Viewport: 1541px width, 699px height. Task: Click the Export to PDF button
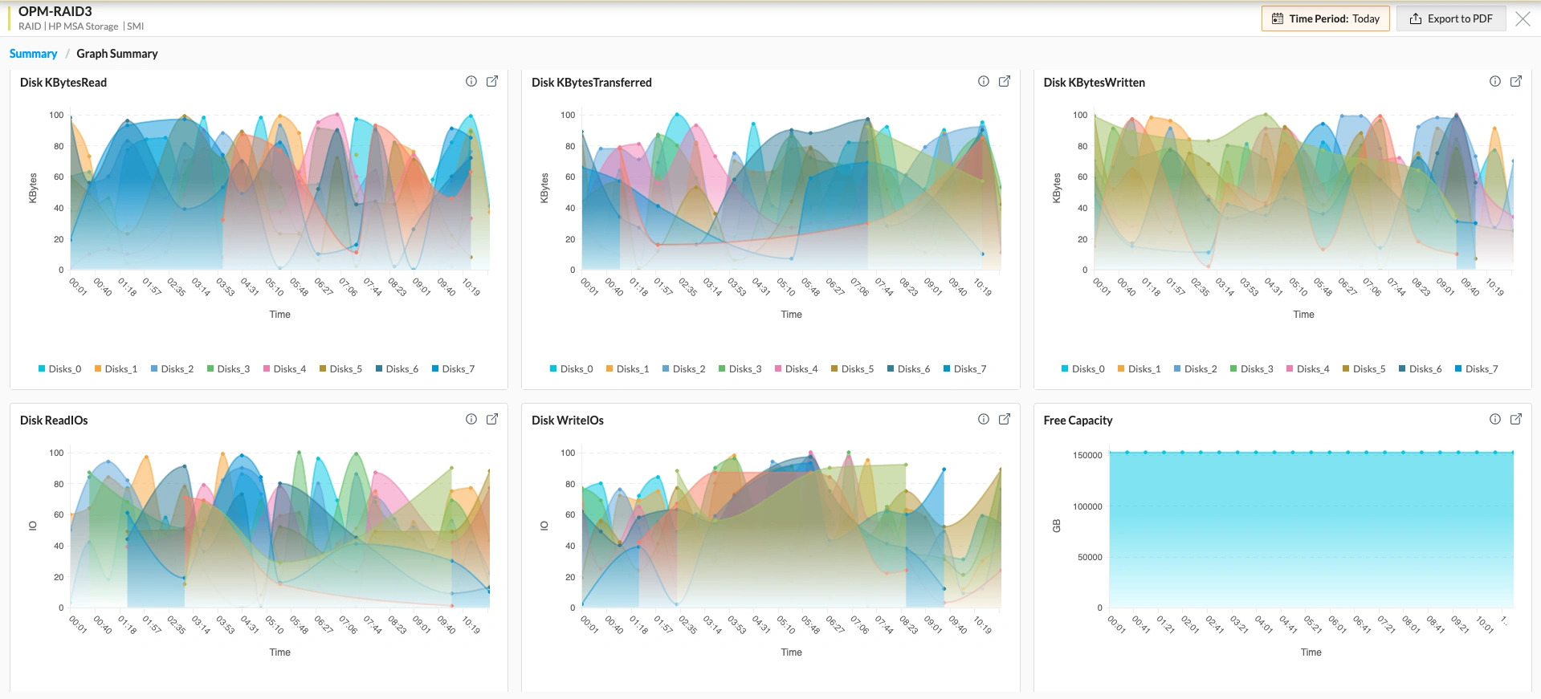coord(1451,18)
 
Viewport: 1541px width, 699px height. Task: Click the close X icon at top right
coord(1523,18)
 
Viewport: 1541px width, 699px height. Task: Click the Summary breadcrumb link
coord(33,54)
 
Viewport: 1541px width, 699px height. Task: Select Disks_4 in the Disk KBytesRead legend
coord(284,369)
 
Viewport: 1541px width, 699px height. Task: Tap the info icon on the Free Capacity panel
coord(1495,419)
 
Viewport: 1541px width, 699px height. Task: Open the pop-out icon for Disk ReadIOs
coord(492,419)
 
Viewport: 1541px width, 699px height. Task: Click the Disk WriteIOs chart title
coord(567,421)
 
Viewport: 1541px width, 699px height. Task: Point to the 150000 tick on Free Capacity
coord(1087,455)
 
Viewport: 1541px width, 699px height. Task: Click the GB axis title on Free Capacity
coord(1057,526)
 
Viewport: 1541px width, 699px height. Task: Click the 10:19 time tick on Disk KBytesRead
coord(471,287)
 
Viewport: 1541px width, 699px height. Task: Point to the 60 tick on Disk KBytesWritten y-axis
coord(1082,177)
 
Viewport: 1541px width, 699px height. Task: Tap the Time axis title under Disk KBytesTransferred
coord(791,315)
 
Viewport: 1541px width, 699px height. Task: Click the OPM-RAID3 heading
coord(55,11)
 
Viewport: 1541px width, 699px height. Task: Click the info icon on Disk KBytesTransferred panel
coord(983,81)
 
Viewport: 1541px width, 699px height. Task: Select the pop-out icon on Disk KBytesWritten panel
coord(1516,81)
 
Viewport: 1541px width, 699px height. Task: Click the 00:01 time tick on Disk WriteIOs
coord(589,624)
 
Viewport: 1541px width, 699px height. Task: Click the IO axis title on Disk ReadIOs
coord(33,526)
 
